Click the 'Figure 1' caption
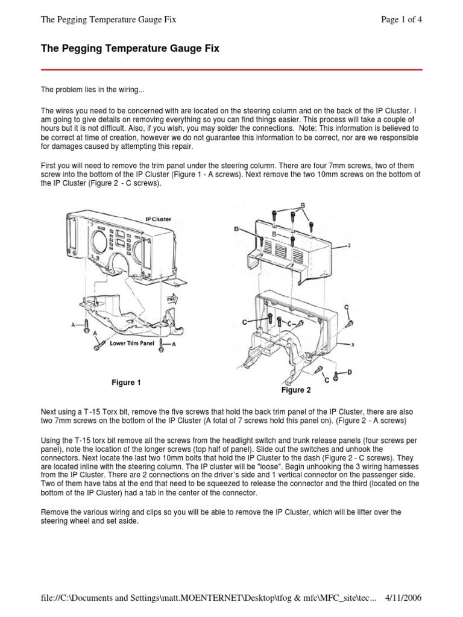coord(126,383)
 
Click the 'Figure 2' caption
coord(295,390)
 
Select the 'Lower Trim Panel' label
coord(132,343)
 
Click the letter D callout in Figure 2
coord(349,372)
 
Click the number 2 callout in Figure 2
coord(349,246)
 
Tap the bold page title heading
coord(130,49)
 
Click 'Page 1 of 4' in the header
coord(402,19)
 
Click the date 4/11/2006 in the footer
coord(402,598)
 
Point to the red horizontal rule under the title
coord(231,70)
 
